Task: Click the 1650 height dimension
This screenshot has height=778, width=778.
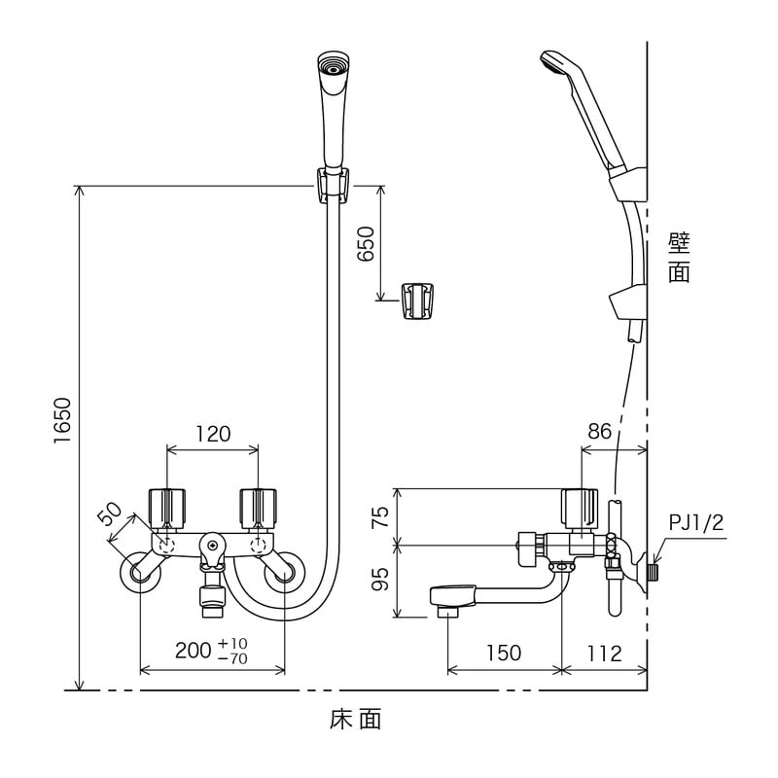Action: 63,420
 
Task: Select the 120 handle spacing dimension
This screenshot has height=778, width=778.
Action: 213,434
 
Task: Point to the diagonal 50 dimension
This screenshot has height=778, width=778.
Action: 110,513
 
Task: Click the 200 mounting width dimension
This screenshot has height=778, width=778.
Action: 194,651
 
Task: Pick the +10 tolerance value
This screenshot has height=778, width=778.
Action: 232,644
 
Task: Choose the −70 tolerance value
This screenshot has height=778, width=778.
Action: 232,658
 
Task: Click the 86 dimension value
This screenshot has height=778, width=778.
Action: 599,432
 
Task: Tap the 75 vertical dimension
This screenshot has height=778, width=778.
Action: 382,517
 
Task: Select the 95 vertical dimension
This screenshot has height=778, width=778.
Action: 382,579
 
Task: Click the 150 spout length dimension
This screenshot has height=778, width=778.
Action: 503,653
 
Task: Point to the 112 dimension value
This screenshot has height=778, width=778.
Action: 604,654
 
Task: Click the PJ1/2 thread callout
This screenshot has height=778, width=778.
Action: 696,522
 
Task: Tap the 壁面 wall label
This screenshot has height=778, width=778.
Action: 679,258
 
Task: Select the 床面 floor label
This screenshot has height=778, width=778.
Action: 355,719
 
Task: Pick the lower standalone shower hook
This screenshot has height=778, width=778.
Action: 417,301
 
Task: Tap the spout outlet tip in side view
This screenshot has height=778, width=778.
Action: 447,612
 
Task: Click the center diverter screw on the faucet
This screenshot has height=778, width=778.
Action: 213,546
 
